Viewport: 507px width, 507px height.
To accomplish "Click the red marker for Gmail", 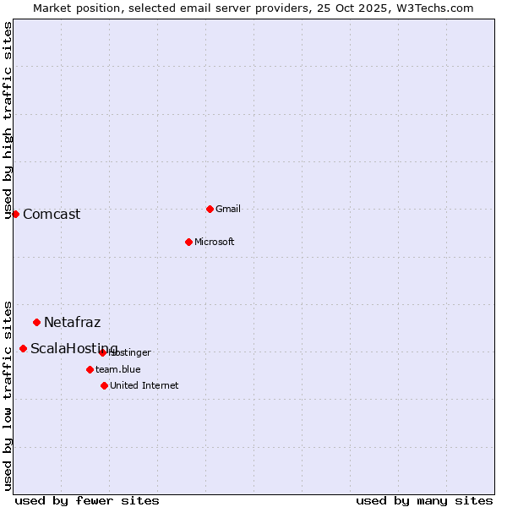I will [210, 209].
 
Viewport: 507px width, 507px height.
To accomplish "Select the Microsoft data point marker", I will [188, 242].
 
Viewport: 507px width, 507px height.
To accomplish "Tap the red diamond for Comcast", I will [15, 214].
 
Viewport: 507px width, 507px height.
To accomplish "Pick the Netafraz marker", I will [36, 322].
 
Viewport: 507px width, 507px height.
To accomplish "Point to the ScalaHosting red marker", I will [23, 348].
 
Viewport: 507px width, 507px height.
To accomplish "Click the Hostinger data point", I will [102, 352].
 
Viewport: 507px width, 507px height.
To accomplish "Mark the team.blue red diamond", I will [90, 369].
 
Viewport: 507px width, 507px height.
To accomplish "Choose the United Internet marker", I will [104, 385].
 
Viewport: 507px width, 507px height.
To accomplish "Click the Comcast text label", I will [52, 215].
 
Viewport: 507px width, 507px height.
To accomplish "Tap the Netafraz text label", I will [73, 323].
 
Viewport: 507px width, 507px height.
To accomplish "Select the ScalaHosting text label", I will [74, 349].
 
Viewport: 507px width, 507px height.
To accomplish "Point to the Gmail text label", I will [228, 210].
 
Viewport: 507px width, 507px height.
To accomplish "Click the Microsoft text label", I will [215, 243].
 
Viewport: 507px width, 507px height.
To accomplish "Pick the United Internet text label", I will [144, 386].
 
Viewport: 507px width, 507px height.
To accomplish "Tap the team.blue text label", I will [118, 370].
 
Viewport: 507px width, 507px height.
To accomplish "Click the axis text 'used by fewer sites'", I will [87, 500].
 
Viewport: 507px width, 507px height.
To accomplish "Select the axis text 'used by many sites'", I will [424, 500].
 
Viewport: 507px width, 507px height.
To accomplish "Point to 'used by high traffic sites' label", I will [8, 120].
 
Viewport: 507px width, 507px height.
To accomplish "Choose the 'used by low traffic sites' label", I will [8, 395].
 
